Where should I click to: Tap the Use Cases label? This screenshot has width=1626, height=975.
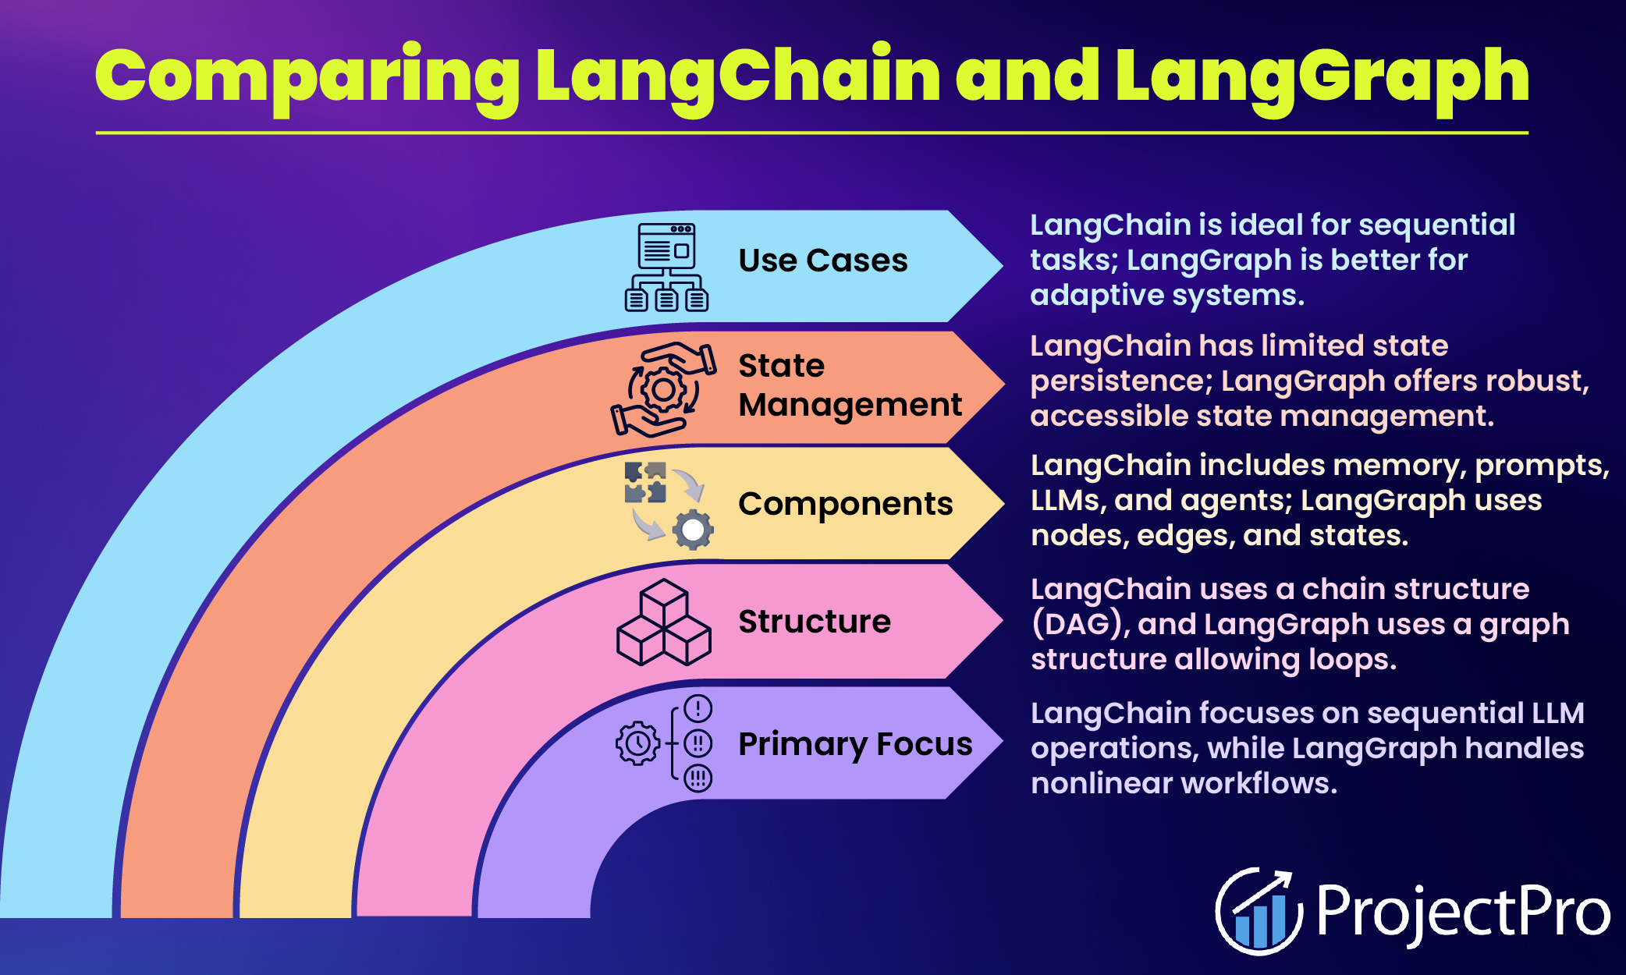[822, 261]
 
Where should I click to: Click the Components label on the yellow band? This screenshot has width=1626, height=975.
[845, 504]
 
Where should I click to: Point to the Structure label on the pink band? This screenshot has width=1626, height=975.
[814, 622]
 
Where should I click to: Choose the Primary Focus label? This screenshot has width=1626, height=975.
[854, 744]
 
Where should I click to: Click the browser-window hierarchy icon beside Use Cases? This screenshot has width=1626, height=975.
[666, 267]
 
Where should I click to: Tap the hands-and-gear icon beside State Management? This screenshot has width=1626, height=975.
[663, 388]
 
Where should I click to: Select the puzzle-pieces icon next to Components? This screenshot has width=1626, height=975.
[646, 482]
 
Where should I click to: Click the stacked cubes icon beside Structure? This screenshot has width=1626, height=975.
[663, 622]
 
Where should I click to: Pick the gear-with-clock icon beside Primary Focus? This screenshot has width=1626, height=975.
[638, 743]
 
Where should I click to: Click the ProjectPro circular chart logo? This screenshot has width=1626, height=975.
[1258, 911]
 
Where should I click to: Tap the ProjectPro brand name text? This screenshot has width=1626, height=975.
[1463, 911]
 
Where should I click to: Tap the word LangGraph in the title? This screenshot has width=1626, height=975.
[1322, 76]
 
